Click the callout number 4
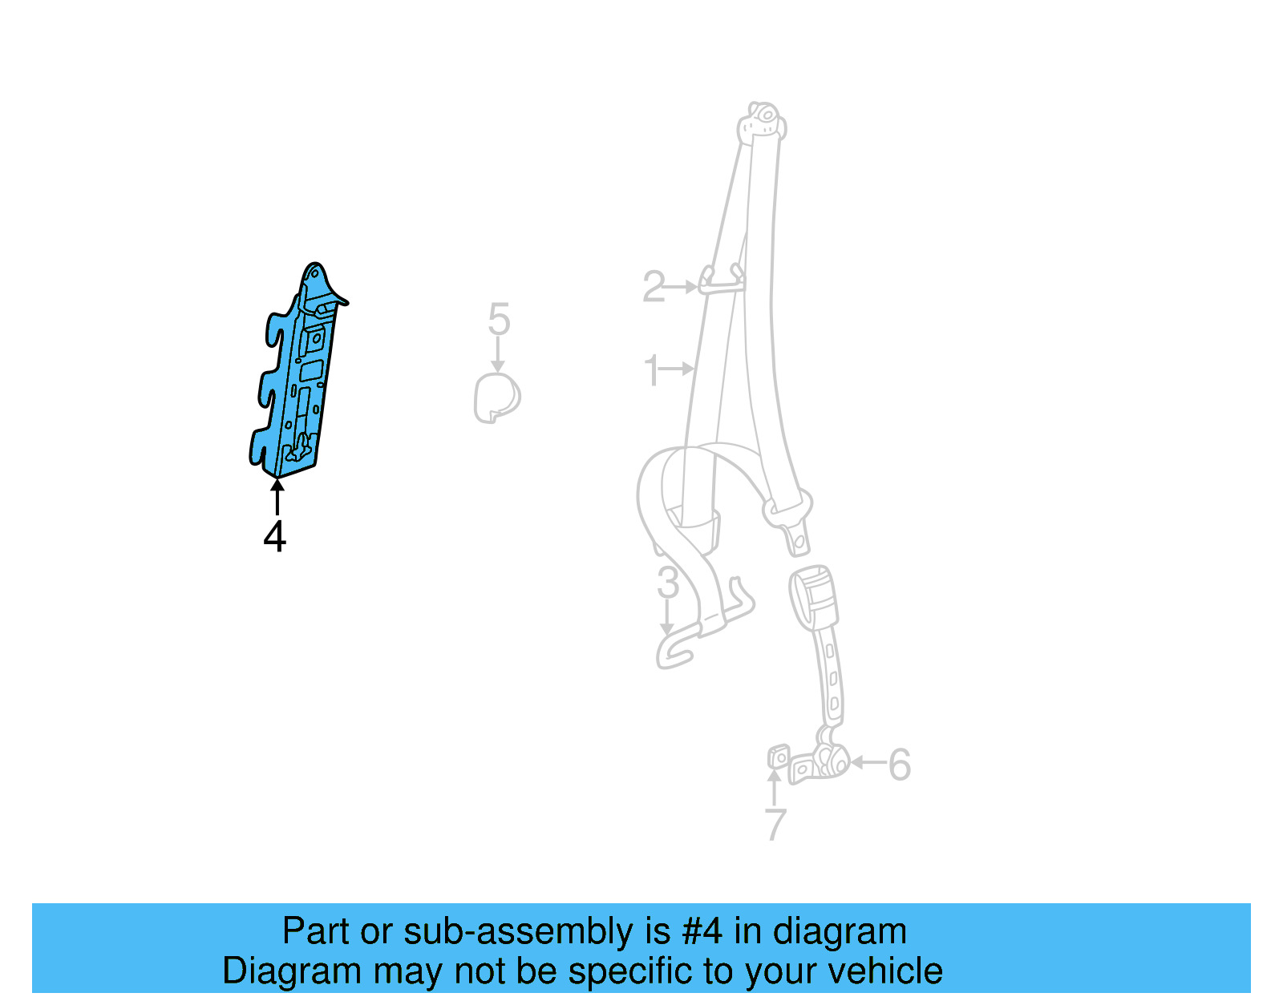[275, 537]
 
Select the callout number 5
[499, 320]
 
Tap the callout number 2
[654, 286]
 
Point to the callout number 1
[651, 370]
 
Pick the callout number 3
[667, 583]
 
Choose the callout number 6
[900, 765]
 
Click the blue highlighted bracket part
[301, 377]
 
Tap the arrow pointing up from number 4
[277, 496]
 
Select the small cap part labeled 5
[497, 398]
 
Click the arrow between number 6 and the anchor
[868, 762]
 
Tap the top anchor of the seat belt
[762, 122]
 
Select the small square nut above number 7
[778, 756]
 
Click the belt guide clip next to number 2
[721, 280]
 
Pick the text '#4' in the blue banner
[702, 931]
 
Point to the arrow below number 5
[498, 354]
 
